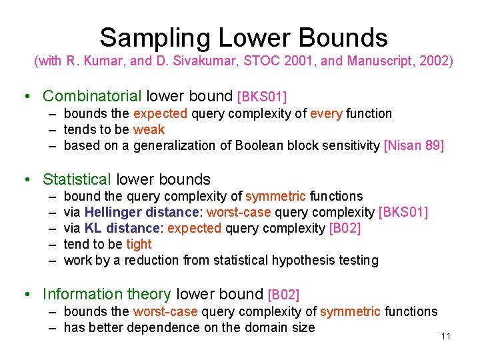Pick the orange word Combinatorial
pos(92,97)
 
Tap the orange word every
pos(326,114)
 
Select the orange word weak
pos(149,130)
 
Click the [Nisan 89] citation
pos(414,146)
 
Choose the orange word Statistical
pos(77,179)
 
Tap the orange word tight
pos(139,245)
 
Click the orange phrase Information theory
pos(107,294)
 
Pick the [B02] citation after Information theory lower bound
pos(283,295)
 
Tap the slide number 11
pos(446,336)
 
